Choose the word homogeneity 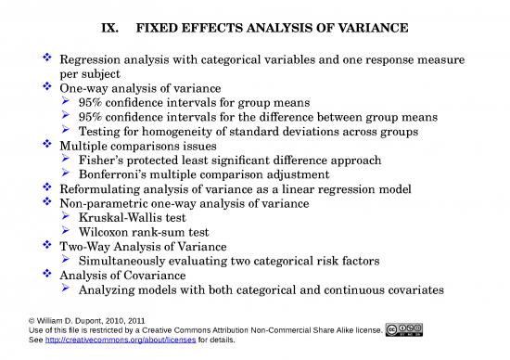tap(163, 132)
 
